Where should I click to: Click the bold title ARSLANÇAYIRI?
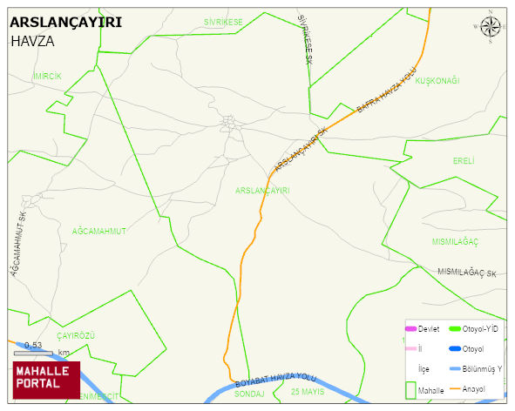pos(66,23)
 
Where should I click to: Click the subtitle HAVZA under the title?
pos(34,40)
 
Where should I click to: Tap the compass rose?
pos(490,28)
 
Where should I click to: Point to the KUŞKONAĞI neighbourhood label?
pos(437,81)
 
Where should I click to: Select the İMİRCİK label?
pos(46,77)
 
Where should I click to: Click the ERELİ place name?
pos(464,161)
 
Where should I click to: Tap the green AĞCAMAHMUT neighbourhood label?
pos(99,231)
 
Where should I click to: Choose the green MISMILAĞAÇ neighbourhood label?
pos(456,241)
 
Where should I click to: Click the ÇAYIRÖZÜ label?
pos(75,335)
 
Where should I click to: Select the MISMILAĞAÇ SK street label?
pos(467,273)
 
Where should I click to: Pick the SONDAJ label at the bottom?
pos(249,394)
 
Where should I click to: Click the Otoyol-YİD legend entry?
pos(478,328)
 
